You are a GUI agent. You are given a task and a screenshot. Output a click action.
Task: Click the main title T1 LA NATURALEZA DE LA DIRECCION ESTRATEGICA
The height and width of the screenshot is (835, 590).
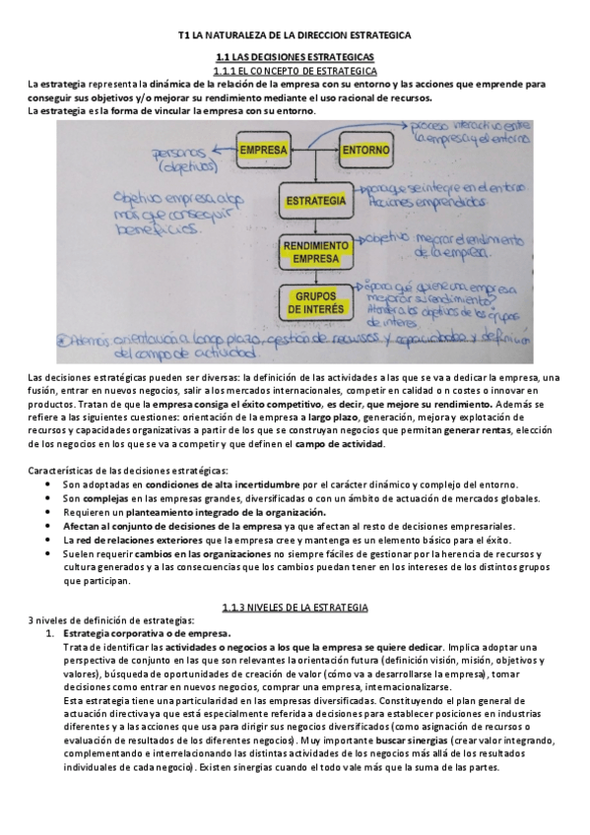click(295, 34)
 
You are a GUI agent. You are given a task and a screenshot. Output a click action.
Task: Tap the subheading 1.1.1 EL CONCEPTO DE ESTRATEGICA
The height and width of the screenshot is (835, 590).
click(295, 72)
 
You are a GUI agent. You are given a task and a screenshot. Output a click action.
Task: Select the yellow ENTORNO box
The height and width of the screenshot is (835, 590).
click(366, 151)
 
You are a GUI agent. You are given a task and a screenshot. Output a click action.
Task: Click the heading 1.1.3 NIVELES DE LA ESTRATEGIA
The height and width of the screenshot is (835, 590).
click(295, 608)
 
